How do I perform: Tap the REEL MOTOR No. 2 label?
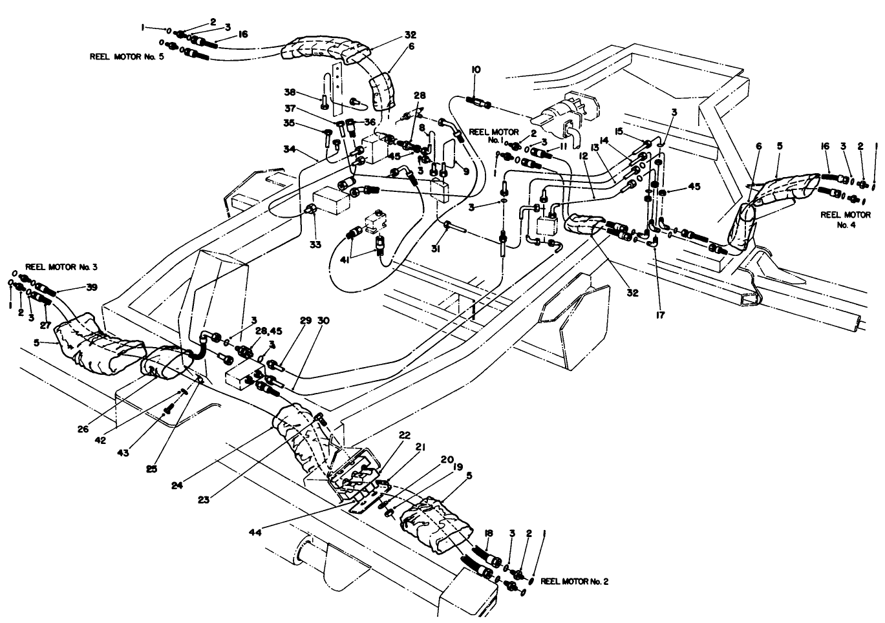[x=574, y=581]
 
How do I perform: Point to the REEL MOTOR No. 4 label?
[x=846, y=220]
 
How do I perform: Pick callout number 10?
[x=476, y=69]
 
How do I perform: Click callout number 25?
[x=151, y=469]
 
